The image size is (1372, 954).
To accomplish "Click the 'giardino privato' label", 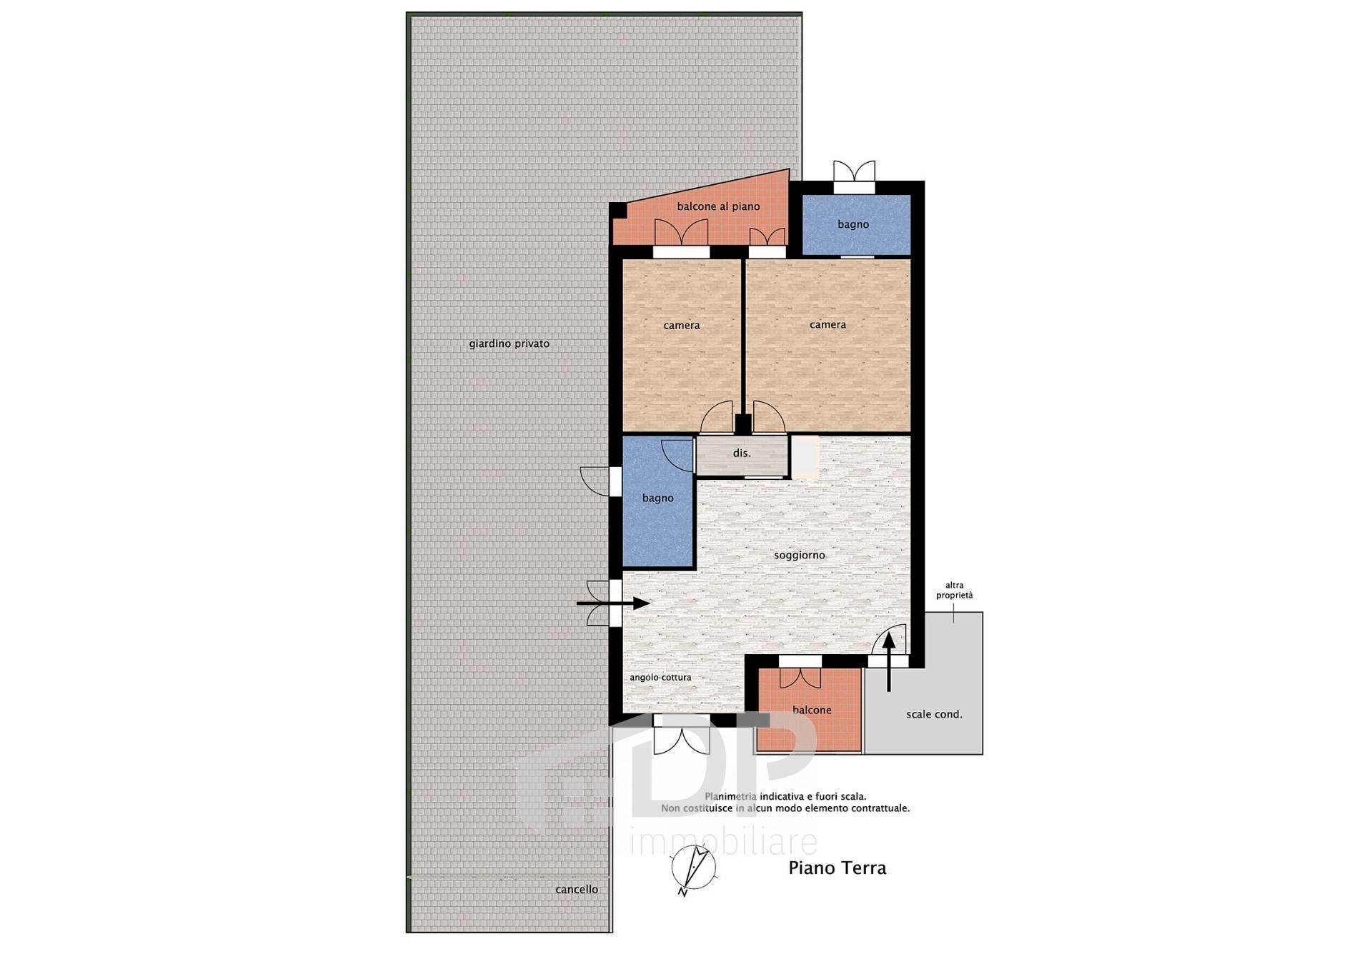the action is (509, 343).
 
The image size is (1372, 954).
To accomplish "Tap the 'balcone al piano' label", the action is (718, 206).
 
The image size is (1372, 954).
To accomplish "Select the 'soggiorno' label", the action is (800, 556).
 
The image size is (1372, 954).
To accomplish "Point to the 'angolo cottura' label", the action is (660, 678).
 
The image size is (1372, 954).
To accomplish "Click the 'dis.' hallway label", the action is (742, 453).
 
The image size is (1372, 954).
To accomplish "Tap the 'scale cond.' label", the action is (934, 714).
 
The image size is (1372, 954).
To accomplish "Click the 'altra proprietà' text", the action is (955, 591).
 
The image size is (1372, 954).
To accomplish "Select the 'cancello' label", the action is (577, 890).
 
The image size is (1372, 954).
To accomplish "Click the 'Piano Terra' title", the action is (837, 868).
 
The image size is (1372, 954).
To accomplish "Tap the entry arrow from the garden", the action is (612, 603).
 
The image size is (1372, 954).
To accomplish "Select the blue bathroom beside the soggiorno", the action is (658, 501).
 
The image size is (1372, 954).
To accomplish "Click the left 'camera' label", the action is (682, 326).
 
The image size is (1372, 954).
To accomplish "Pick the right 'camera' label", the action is (827, 325).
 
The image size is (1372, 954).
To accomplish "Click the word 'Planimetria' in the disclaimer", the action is (730, 796).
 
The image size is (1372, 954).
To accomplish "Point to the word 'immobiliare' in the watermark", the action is (724, 842).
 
